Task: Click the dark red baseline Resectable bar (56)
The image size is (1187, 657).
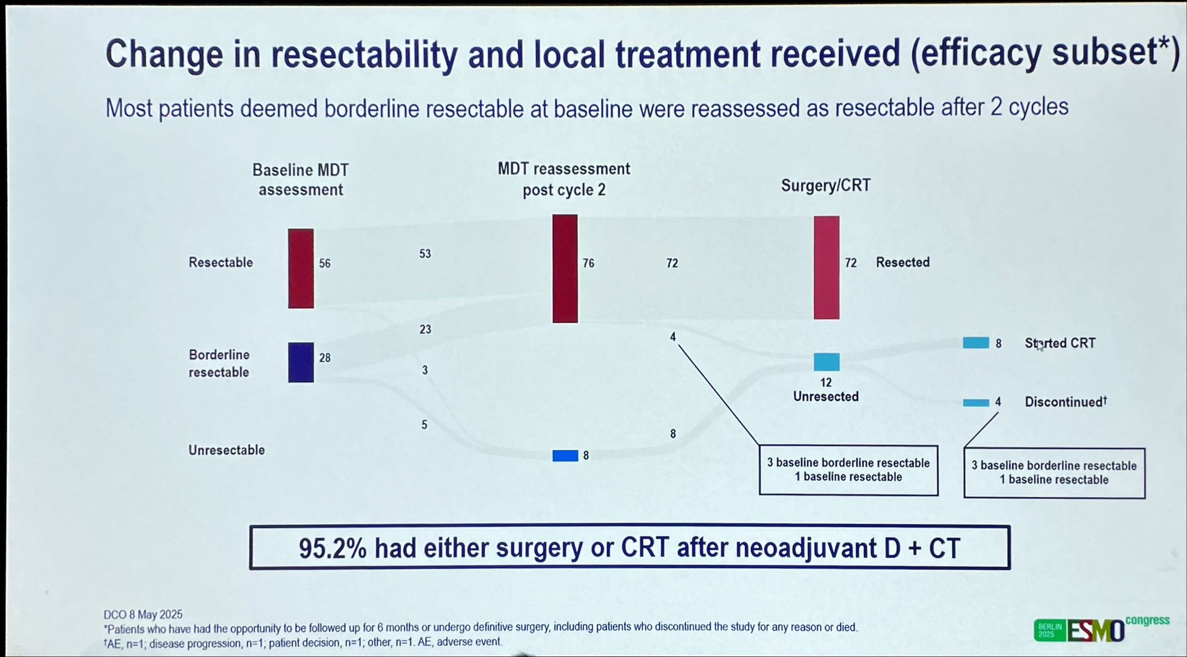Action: coord(301,268)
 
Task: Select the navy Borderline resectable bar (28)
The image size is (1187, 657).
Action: coord(301,363)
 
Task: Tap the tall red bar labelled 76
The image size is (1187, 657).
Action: coord(565,268)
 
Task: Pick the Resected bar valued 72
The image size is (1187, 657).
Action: coord(826,268)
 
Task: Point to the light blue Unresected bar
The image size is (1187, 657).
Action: coord(826,362)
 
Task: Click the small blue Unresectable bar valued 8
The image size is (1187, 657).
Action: coord(565,456)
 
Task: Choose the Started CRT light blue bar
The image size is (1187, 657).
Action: coord(976,343)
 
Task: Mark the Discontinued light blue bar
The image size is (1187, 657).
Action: coord(976,403)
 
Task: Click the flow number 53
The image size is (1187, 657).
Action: coord(425,254)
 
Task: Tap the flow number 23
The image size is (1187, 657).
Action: coord(425,329)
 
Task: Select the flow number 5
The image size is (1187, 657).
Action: coord(424,425)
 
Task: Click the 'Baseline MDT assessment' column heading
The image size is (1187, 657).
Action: coord(301,180)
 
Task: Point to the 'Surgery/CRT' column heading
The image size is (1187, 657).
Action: coord(826,185)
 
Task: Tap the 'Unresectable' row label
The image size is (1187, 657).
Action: coord(227,450)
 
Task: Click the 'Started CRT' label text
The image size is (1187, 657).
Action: coord(1060,343)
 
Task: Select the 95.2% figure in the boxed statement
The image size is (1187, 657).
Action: coord(333,548)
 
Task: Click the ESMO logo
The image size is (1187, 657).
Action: coord(1096,631)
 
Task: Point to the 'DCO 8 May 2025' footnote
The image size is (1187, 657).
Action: coord(143,614)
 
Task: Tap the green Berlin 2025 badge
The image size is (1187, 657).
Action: coord(1050,630)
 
